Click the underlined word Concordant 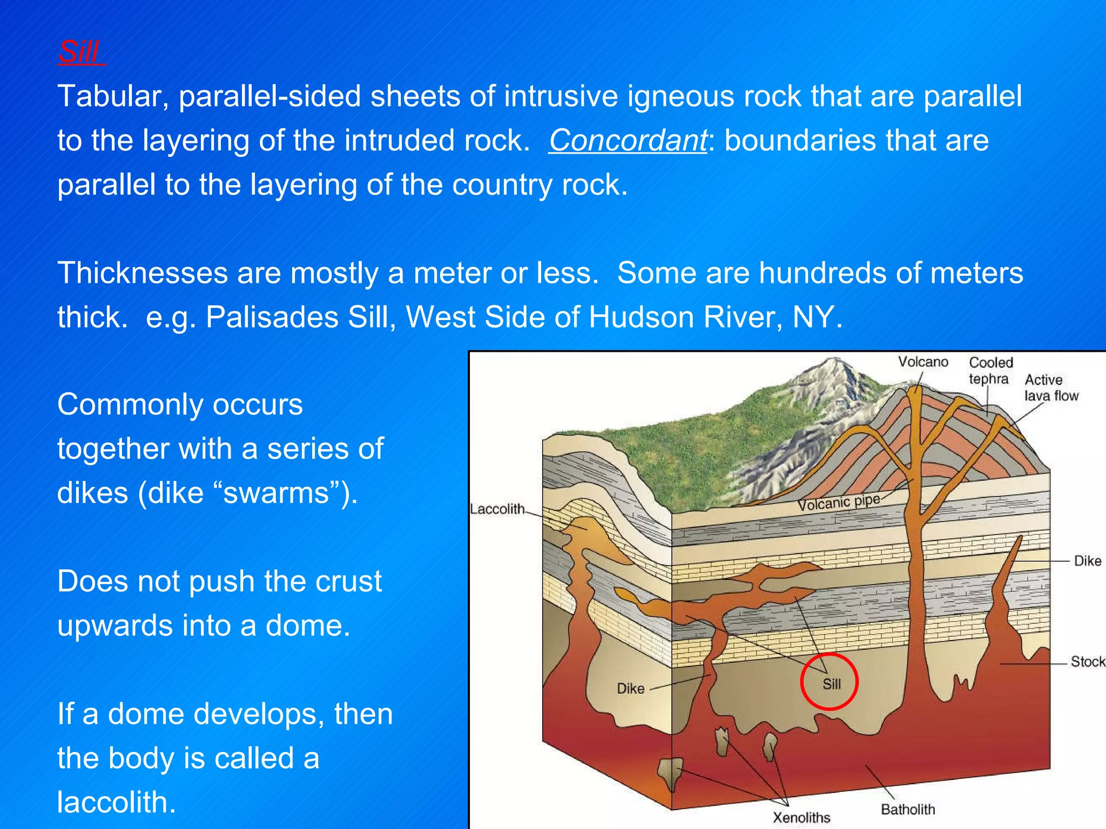tap(628, 141)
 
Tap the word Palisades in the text tap(272, 317)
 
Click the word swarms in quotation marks tap(276, 493)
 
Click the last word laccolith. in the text tap(117, 802)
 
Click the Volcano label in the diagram tap(923, 362)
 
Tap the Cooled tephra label tap(990, 370)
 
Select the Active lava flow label tap(1050, 388)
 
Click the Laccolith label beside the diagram tap(497, 509)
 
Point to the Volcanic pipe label tap(839, 502)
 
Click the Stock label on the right tap(1087, 662)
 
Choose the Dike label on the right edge tap(1087, 561)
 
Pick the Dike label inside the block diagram tap(630, 689)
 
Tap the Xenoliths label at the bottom tap(801, 817)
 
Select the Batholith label tap(908, 809)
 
